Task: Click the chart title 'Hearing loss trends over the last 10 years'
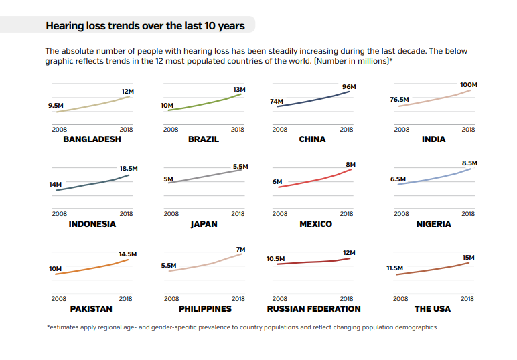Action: pyautogui.click(x=145, y=26)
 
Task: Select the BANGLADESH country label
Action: pyautogui.click(x=92, y=139)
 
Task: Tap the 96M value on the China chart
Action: pyautogui.click(x=349, y=87)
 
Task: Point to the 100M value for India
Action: pyautogui.click(x=469, y=85)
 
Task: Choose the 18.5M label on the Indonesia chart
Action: pyautogui.click(x=129, y=169)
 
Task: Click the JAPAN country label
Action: pyautogui.click(x=204, y=224)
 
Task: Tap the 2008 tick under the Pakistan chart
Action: pyautogui.click(x=59, y=299)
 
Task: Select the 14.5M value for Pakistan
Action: pyautogui.click(x=127, y=254)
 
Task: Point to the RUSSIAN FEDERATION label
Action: pyautogui.click(x=313, y=309)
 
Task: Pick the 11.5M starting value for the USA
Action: pyautogui.click(x=395, y=268)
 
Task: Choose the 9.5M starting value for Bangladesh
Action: pyautogui.click(x=56, y=105)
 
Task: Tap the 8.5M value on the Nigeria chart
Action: pyautogui.click(x=470, y=163)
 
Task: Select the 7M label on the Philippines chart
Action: pyautogui.click(x=241, y=249)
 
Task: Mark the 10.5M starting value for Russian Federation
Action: pyautogui.click(x=275, y=258)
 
